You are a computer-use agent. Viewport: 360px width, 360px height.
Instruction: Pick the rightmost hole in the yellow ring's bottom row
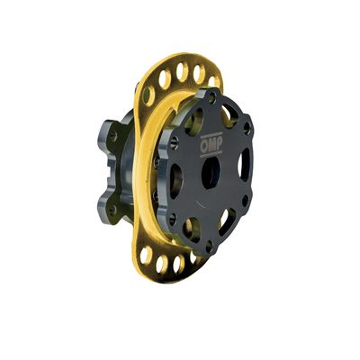pyautogui.click(x=192, y=262)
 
